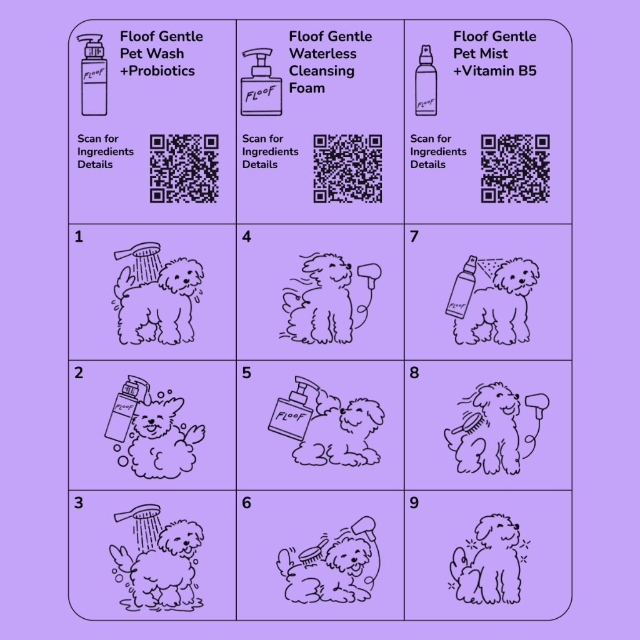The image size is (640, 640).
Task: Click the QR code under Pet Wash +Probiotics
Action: (x=184, y=169)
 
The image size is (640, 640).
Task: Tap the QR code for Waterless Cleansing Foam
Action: (x=347, y=169)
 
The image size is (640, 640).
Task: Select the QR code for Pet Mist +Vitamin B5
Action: (x=516, y=169)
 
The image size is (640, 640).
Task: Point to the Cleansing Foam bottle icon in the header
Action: (x=261, y=82)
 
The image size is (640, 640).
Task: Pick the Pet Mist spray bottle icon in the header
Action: (x=426, y=81)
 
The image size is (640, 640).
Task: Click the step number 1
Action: (x=79, y=237)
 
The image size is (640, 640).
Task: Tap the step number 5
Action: (x=246, y=372)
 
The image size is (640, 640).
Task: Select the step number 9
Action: (x=414, y=503)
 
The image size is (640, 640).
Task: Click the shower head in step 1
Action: (x=137, y=250)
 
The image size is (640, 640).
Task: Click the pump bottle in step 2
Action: (x=124, y=408)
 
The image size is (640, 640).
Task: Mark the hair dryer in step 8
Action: (x=537, y=405)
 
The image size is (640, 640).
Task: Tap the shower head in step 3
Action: (x=137, y=512)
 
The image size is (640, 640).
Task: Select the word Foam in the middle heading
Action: (x=307, y=88)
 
